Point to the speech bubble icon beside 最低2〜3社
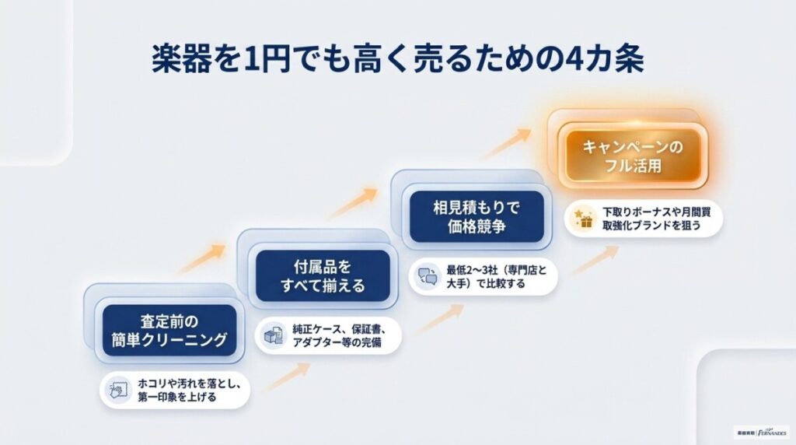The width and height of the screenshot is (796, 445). tap(428, 276)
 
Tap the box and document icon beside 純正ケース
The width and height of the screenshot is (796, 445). tap(273, 335)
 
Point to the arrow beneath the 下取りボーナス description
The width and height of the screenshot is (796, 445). tap(595, 259)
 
